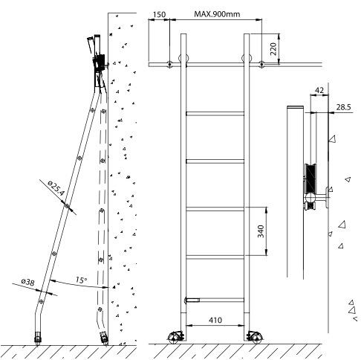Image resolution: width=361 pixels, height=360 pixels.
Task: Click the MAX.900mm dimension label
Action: pos(217,14)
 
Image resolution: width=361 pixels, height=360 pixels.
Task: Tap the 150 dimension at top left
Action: pos(159,14)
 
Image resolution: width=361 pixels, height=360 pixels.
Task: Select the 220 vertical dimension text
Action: pos(273,49)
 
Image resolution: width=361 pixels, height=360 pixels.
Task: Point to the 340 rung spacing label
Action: pos(261,231)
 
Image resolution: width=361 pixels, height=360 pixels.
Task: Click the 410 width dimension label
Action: pos(215,320)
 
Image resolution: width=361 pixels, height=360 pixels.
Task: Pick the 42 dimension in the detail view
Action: pos(319,90)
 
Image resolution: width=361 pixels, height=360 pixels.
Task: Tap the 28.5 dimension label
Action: pos(343,107)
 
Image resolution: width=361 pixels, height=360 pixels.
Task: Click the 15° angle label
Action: pos(81,280)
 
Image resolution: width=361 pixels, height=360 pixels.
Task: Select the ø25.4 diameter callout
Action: pos(56,187)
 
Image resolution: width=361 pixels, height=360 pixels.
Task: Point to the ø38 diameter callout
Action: pos(27,282)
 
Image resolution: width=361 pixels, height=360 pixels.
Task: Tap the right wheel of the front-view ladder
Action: pos(255,337)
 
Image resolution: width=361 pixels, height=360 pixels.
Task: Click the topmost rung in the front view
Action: pos(215,114)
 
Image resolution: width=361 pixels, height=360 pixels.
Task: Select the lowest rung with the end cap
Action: pos(215,300)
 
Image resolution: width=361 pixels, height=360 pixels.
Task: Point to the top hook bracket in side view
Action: pos(100,63)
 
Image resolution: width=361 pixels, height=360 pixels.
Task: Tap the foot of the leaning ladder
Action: pos(38,338)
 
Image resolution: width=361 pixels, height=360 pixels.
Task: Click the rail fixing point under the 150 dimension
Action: pos(169,64)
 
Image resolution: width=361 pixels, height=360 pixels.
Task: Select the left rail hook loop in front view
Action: pos(183,59)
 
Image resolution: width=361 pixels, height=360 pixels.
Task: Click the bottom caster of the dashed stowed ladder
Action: pos(105,338)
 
